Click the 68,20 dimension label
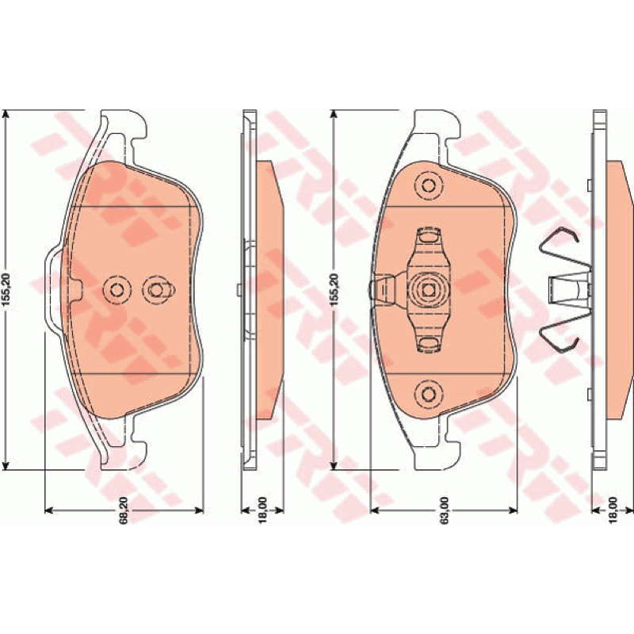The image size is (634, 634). click(x=124, y=510)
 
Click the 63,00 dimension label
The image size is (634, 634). click(x=445, y=510)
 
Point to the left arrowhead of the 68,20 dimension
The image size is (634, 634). click(x=48, y=510)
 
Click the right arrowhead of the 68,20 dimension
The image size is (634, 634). click(x=199, y=510)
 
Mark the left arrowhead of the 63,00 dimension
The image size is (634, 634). click(x=375, y=510)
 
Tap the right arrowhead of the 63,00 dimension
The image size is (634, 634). click(x=513, y=510)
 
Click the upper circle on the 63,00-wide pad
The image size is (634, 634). click(x=428, y=185)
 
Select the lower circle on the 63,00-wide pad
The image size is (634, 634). click(x=428, y=392)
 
